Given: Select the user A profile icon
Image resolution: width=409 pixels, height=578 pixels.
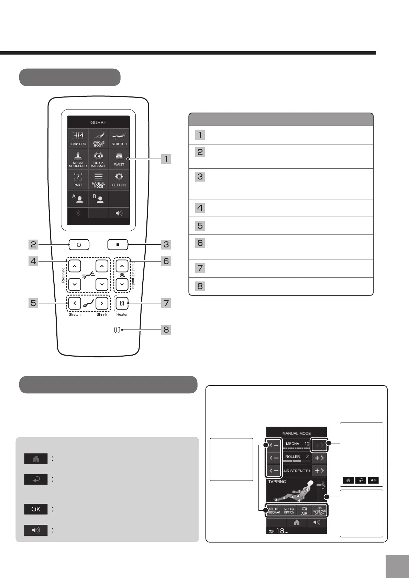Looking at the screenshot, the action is point(78,199).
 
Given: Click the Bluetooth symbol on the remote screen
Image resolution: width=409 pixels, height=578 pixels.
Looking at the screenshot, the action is point(78,213).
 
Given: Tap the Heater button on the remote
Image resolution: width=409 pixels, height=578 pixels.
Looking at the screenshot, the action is point(122,303).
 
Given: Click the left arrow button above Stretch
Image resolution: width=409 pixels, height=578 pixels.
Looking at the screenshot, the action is point(75,303).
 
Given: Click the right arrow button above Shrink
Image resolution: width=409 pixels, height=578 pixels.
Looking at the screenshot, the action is point(101,303).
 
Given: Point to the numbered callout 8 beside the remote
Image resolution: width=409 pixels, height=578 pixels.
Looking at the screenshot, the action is point(166,330).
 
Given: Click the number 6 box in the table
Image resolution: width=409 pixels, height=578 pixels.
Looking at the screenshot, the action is point(200,243).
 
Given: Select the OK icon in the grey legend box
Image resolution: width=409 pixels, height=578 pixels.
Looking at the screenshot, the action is point(36,509).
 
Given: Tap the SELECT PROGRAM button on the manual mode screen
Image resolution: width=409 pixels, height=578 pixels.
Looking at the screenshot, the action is point(274,511).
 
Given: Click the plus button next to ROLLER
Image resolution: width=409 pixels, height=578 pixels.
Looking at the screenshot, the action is point(319,458).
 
